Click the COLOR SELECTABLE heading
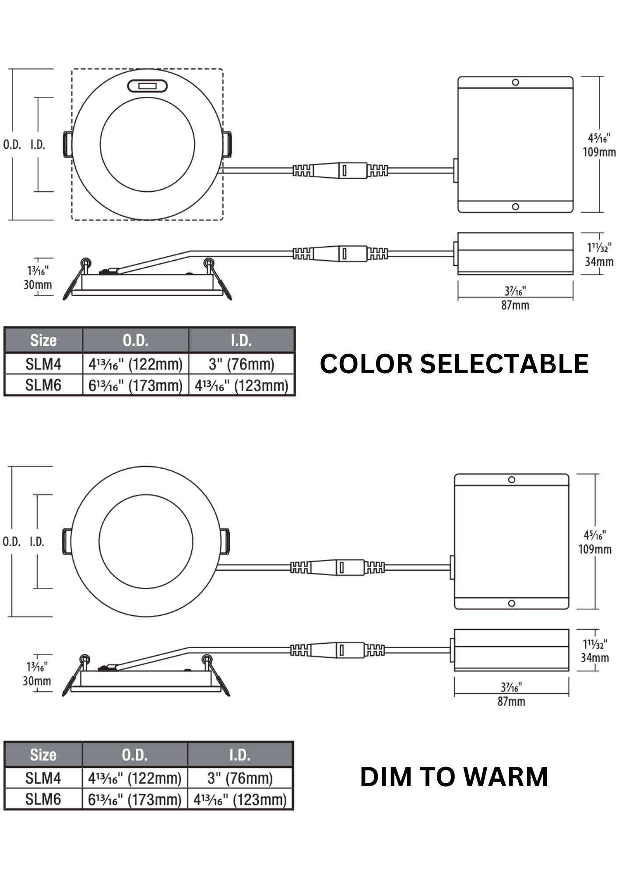tap(454, 364)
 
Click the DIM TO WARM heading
tap(454, 777)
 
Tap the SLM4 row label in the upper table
tap(43, 364)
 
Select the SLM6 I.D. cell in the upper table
tap(242, 385)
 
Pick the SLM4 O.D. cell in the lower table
tap(135, 778)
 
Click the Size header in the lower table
tap(43, 755)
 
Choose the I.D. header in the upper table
tap(242, 340)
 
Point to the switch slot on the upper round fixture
tap(148, 86)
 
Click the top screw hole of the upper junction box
tap(516, 82)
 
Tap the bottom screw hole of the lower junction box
tap(512, 604)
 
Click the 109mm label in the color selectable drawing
tap(599, 152)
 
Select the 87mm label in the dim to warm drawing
tap(511, 702)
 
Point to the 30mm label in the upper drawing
tap(38, 285)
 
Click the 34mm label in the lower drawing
tap(595, 657)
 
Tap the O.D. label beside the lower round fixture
tap(11, 542)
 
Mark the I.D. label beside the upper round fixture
tap(38, 145)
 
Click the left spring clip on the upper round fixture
tap(68, 144)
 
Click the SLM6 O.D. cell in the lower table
tap(135, 800)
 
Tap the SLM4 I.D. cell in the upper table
tap(242, 364)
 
